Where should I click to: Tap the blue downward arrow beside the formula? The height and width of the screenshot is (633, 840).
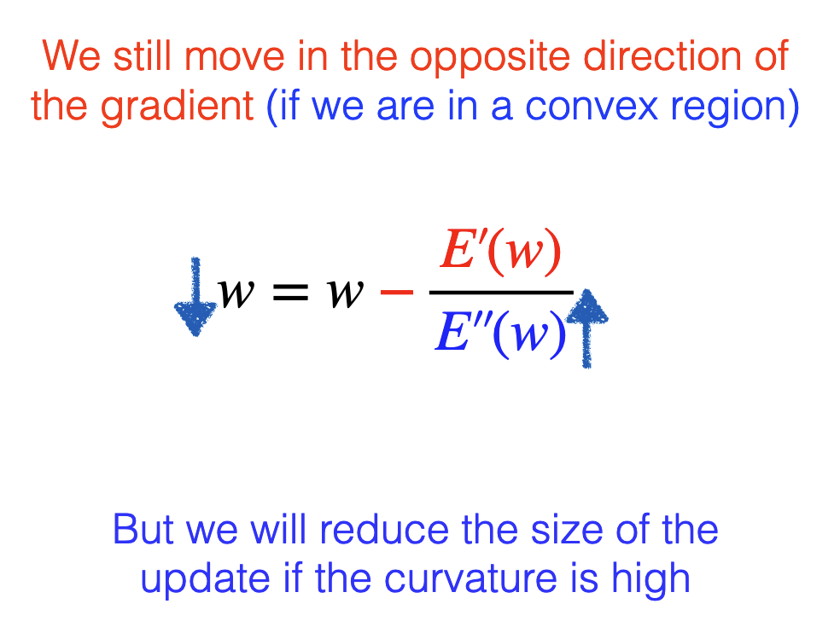coord(195,297)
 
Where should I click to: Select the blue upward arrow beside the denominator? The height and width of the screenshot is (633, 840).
coord(587,328)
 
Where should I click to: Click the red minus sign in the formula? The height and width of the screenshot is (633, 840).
coord(397,293)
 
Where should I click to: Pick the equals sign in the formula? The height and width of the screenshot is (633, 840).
coord(290,293)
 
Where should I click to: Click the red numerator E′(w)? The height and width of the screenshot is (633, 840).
coord(500,251)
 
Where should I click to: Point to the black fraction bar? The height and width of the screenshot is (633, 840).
coord(501,293)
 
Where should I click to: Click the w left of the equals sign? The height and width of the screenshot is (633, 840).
coord(235,293)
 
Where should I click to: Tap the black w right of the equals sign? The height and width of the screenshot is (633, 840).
coord(346,293)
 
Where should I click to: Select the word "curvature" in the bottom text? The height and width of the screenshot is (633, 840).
coord(471,578)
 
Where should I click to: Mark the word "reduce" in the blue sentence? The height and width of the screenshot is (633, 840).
coord(384,529)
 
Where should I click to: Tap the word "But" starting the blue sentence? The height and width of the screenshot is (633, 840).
coord(143,529)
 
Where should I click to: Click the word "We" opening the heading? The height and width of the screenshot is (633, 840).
coord(71,56)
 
